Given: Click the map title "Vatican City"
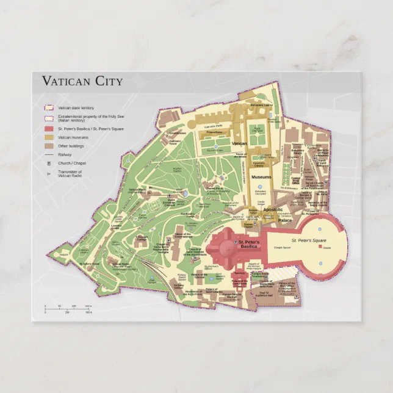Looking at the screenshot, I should point(82,81).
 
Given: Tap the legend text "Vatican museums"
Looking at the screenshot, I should point(72,138).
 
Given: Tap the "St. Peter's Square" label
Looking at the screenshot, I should point(309,241).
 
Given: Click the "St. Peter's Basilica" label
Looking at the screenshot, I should point(248,244).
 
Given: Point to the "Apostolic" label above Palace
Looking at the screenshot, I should point(273,209).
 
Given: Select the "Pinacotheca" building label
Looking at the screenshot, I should point(214,132).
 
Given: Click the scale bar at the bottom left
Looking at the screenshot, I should point(67,308).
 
